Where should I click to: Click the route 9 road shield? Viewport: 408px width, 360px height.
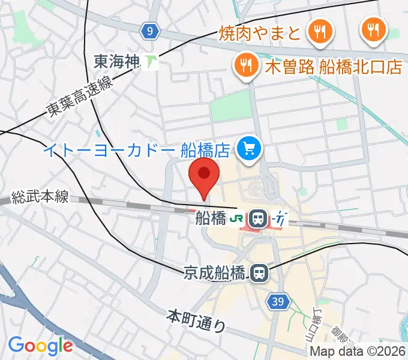pos(151,29)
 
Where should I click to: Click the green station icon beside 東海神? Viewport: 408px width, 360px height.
pos(152,61)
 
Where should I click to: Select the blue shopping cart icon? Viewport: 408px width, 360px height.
pos(247,148)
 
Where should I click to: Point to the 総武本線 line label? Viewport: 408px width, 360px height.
pos(41,197)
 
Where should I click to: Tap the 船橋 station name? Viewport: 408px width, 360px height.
pos(210,218)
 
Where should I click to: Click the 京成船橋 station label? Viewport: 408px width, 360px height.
pos(214,274)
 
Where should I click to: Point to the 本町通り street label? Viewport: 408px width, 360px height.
pos(197,321)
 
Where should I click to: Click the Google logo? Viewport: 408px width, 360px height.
pos(40,346)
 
